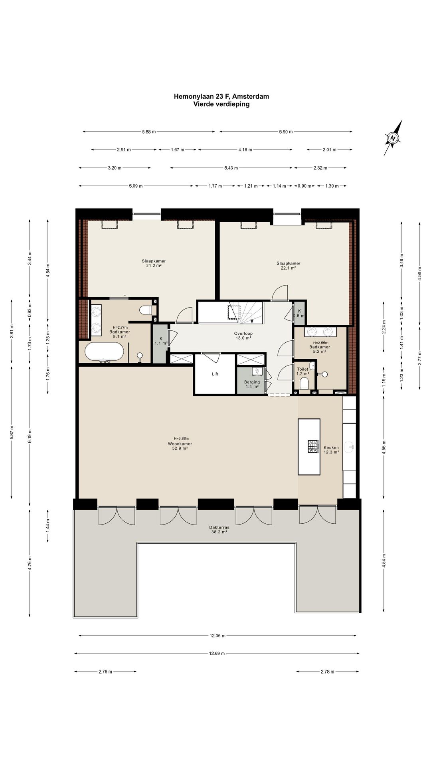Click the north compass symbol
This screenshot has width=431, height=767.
point(393,138)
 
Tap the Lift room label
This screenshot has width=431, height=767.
point(215,374)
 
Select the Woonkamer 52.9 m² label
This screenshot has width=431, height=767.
point(180,446)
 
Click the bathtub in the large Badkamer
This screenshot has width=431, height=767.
point(104,352)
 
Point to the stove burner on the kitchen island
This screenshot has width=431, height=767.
point(313,446)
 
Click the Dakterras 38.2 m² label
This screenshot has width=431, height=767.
point(219,530)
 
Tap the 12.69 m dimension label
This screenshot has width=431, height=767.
point(217,654)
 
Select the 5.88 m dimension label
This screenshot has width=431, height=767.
point(148,132)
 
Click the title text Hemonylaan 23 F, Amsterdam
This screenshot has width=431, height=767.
point(221,96)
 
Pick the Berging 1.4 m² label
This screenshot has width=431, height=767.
point(252,384)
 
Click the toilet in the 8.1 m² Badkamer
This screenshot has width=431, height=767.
point(146,310)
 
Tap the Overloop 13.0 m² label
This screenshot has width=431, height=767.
point(243,336)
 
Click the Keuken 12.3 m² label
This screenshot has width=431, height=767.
point(331,450)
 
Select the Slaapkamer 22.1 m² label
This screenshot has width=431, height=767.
point(288,266)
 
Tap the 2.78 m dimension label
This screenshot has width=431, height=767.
point(327,672)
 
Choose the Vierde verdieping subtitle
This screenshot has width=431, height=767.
point(221,104)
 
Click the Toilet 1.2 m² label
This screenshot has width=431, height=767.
point(302,372)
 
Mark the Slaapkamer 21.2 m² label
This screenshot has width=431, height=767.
point(154,263)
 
